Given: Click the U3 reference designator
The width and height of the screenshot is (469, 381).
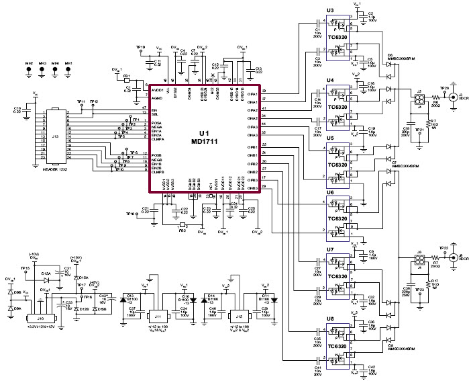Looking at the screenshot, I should click(x=330, y=11).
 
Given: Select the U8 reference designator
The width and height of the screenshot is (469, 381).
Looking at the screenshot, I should click(x=330, y=319).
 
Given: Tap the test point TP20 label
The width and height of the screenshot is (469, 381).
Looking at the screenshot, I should click(x=444, y=88).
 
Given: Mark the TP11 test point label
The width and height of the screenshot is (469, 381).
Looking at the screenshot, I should click(x=81, y=101).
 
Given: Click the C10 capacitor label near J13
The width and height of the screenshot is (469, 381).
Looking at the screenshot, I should click(x=17, y=109).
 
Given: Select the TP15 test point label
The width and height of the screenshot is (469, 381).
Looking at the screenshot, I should click(x=25, y=268).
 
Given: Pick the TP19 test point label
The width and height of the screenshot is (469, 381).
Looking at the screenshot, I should click(x=141, y=47).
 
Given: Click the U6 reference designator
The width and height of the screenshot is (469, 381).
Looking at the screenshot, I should click(x=330, y=193).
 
